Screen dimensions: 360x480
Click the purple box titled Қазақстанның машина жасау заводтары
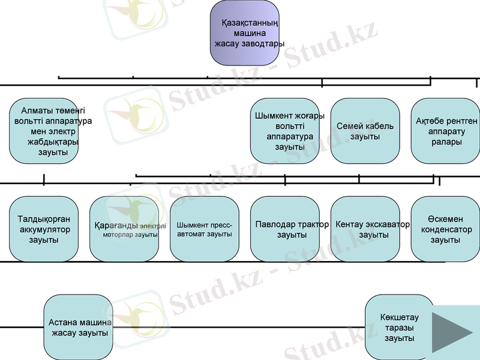pos(244,33)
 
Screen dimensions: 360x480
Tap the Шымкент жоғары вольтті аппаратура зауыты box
pos(284,131)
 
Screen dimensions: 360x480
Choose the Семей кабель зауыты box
pos(365,131)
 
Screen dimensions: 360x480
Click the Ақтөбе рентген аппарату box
pos(445,131)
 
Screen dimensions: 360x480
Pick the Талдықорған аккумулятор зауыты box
pos(44,229)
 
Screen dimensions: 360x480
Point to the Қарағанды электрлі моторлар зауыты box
pos(124,229)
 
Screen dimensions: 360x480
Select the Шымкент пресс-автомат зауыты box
pos(205,229)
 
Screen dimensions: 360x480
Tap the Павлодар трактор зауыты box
pos(284,229)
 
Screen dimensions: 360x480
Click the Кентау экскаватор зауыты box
pos(365,229)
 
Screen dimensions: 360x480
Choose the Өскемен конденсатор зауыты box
pos(445,229)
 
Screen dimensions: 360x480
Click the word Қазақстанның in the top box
pos(245,23)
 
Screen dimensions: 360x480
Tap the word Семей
pos(349,126)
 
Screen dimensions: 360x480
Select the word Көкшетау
pos(400,317)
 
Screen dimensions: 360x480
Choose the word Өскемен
pos(445,220)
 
